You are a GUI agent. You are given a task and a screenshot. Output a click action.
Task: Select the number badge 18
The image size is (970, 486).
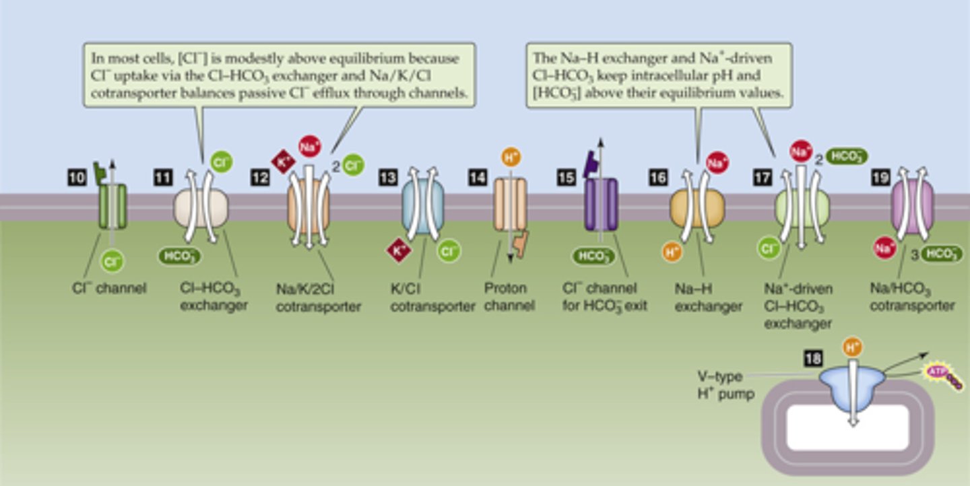click(813, 359)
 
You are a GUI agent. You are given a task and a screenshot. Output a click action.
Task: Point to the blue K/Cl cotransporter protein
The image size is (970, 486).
click(423, 205)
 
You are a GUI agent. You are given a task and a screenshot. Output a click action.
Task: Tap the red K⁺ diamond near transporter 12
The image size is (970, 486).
click(281, 162)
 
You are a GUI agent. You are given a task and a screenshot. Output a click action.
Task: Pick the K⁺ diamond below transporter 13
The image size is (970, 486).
click(398, 250)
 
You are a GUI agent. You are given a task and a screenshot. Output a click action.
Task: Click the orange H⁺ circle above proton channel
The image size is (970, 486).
click(511, 158)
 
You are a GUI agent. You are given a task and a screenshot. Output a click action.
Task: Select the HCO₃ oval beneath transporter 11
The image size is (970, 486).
click(179, 256)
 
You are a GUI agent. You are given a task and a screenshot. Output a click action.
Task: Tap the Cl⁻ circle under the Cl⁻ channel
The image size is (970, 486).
click(112, 261)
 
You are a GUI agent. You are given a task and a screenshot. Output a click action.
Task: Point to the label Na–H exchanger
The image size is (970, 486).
click(708, 298)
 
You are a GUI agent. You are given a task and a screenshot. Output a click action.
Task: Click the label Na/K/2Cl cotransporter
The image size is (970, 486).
click(318, 298)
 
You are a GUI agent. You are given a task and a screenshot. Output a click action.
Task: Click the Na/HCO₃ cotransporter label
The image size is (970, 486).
click(911, 298)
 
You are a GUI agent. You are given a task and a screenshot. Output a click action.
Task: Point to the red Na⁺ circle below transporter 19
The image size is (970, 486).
click(884, 248)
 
